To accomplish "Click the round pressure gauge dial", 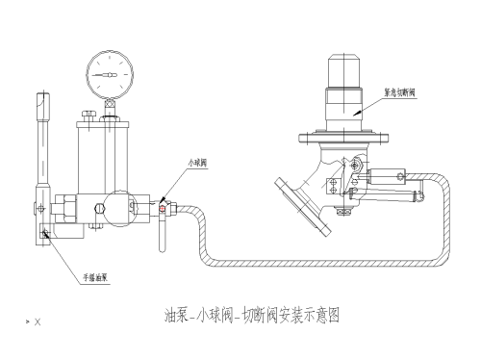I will tap(108, 71).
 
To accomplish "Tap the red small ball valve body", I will tap(164, 204).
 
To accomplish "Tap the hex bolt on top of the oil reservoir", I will tap(89, 116).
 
